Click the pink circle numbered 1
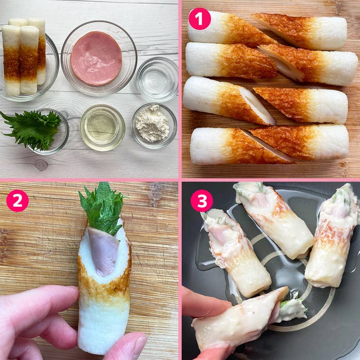(200, 19)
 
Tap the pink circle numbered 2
(17, 201)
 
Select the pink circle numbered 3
(202, 201)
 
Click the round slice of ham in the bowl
(96, 58)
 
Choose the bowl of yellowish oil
(102, 128)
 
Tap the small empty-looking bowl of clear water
(157, 79)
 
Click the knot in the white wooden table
(41, 165)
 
